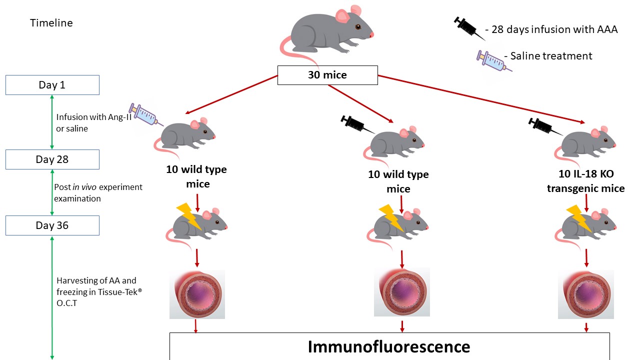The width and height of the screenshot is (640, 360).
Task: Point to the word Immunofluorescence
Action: click(389, 347)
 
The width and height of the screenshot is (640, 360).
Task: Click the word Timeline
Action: click(51, 23)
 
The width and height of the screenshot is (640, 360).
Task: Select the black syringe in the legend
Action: click(469, 28)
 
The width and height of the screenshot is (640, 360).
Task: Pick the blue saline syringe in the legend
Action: click(493, 61)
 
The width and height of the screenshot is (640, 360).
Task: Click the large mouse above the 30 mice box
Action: click(326, 33)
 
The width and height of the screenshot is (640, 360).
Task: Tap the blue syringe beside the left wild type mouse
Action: click(145, 114)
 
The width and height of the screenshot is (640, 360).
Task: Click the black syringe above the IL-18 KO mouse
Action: click(545, 126)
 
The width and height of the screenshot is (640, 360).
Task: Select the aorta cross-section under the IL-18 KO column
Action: click(586, 294)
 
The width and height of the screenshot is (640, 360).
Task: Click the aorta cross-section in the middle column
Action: click(402, 292)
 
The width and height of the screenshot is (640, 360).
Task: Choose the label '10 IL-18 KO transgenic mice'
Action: click(585, 181)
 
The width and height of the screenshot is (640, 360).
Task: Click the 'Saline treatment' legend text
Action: click(551, 56)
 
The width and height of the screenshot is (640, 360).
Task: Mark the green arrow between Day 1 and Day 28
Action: click(52, 122)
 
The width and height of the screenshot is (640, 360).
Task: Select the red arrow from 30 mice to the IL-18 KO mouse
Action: click(481, 99)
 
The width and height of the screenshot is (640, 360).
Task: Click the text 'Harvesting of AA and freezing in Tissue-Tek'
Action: click(99, 291)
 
